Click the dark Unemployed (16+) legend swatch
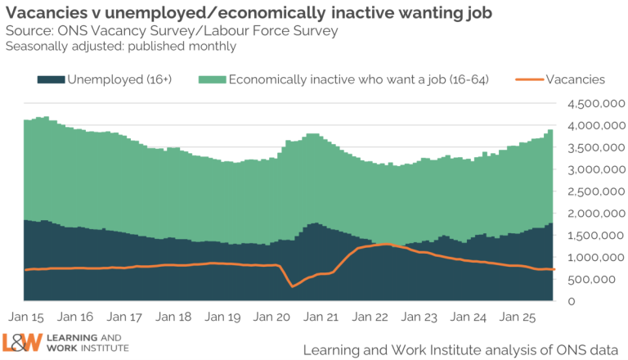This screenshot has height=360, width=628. click(x=50, y=79)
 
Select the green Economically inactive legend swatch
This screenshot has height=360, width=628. click(x=211, y=79)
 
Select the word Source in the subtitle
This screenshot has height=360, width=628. click(x=27, y=31)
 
